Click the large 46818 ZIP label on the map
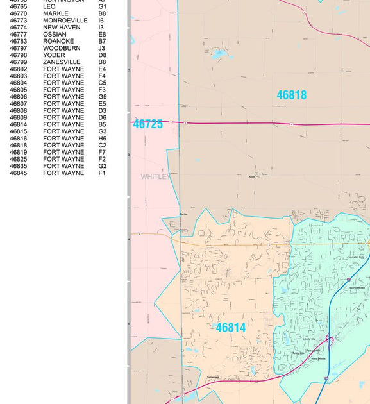291,95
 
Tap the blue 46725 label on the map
148,124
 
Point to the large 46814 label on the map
230,328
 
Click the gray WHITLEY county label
155,176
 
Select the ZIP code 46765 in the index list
18,6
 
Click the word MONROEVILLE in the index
65,21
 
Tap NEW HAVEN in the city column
62,28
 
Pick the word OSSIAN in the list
55,35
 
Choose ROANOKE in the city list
58,42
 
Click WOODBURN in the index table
62,48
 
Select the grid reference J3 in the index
102,48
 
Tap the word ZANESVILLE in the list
62,62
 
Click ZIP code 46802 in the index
18,69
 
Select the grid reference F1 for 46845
102,173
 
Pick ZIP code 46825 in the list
18,159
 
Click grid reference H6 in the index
103,139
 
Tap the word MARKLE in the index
56,13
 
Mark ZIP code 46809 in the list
18,118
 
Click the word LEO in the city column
49,6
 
